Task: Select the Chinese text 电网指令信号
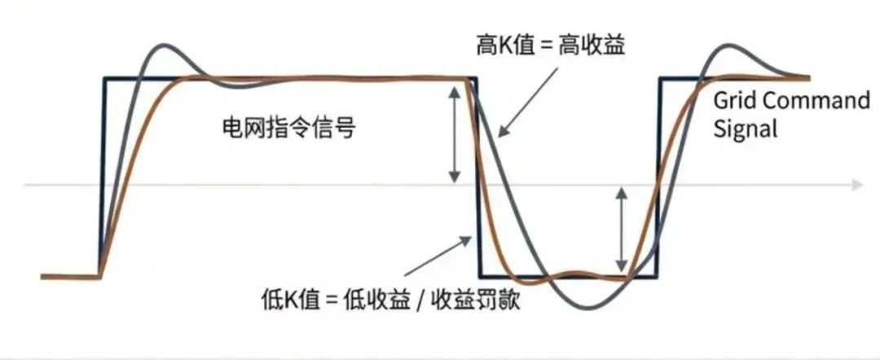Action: point(289,128)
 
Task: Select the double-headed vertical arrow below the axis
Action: point(622,230)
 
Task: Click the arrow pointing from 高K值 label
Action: point(517,110)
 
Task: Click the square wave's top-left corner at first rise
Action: point(104,79)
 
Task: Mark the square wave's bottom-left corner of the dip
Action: point(479,279)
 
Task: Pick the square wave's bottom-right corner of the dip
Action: point(658,279)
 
